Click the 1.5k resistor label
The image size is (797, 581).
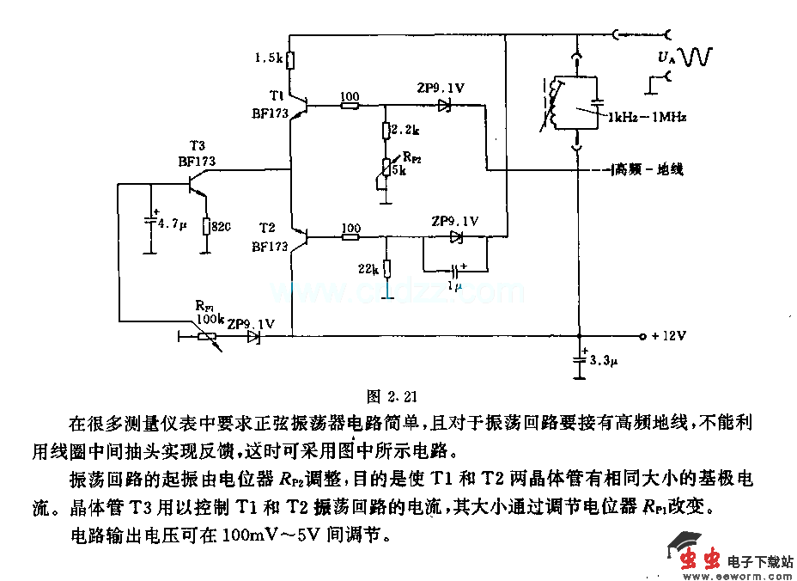269,58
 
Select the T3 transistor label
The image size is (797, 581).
198,146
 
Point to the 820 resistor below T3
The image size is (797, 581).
206,225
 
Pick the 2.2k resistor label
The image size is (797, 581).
404,130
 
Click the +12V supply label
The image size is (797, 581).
668,336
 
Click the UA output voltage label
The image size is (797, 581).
666,58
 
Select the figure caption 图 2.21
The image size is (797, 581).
392,396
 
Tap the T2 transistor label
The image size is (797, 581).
267,228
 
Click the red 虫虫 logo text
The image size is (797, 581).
700,560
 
